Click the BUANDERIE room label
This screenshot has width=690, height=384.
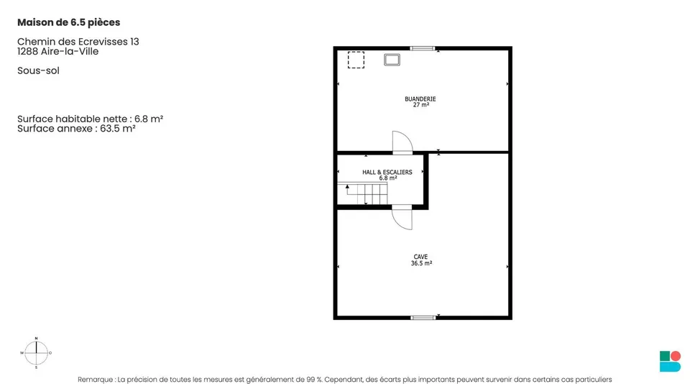420,99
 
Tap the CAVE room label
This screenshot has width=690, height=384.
420,257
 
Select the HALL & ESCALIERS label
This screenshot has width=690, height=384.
387,172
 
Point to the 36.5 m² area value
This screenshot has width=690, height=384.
421,263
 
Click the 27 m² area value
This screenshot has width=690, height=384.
421,105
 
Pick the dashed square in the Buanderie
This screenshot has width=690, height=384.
356,60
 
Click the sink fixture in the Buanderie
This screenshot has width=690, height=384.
392,60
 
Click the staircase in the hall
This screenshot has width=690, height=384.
362,193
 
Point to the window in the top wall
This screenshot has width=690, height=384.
423,48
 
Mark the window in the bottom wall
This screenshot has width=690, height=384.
423,318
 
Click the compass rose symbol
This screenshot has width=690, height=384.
36,353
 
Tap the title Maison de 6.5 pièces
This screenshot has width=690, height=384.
69,22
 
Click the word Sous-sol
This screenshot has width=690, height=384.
38,71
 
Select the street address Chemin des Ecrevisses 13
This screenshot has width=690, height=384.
78,42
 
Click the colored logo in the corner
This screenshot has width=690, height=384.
670,361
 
